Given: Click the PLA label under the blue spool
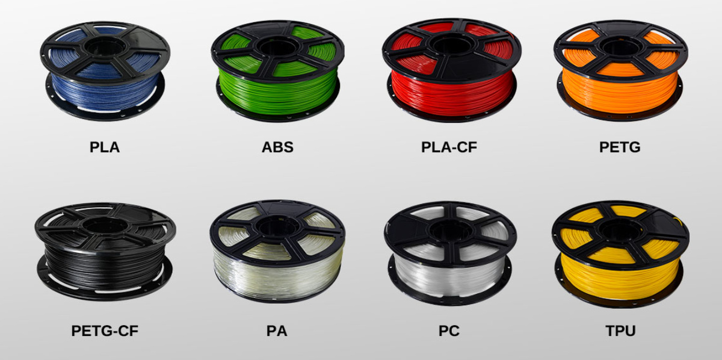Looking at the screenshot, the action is pos(105,147).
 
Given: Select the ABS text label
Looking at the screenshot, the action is pos(277,147).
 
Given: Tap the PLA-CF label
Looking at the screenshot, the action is pos(449,147).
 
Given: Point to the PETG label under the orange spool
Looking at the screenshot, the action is pos(620,147).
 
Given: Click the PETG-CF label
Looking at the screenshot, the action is pos(105,331).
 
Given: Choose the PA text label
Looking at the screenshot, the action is pos(277,331).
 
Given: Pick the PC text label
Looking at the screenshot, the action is pos(449,331).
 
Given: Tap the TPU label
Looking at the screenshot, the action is pos(620,331).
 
